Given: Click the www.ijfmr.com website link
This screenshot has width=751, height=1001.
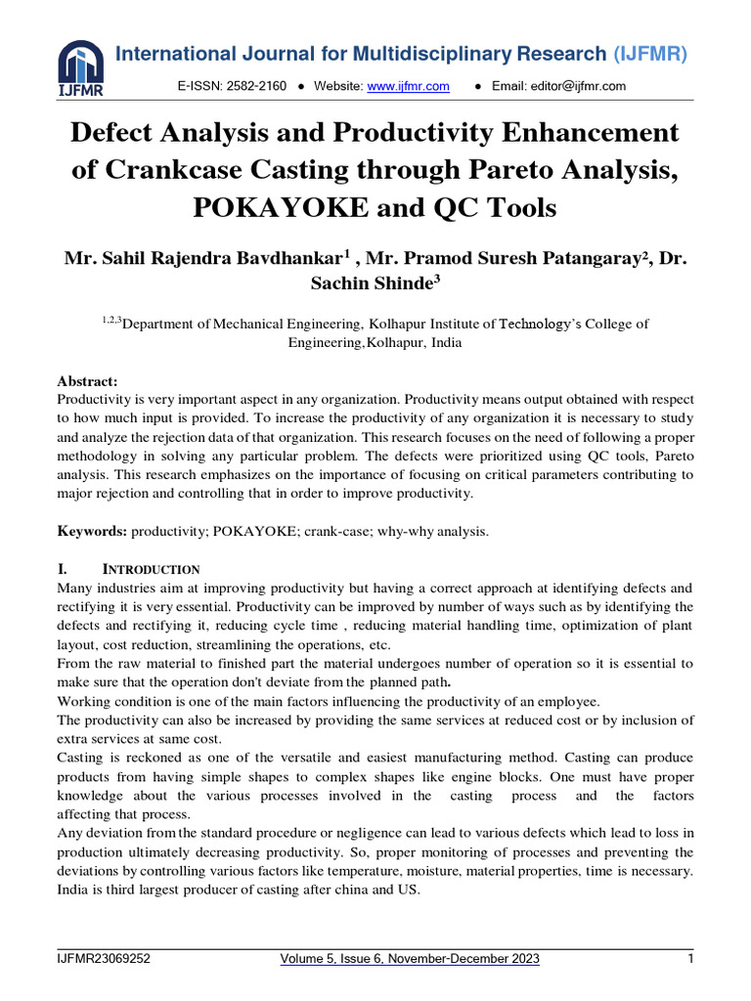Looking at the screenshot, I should tap(408, 87).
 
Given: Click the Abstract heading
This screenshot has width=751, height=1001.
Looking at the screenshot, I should tap(88, 382).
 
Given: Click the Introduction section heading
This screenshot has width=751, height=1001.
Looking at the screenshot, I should tap(152, 569).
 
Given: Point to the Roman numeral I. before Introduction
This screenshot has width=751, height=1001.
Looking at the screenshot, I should tap(64, 569).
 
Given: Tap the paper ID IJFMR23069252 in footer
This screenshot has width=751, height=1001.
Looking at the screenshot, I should tap(104, 960).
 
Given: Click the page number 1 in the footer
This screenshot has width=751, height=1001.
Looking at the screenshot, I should tap(689, 960).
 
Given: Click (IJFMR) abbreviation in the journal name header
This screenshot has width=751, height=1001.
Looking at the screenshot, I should tap(650, 54).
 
